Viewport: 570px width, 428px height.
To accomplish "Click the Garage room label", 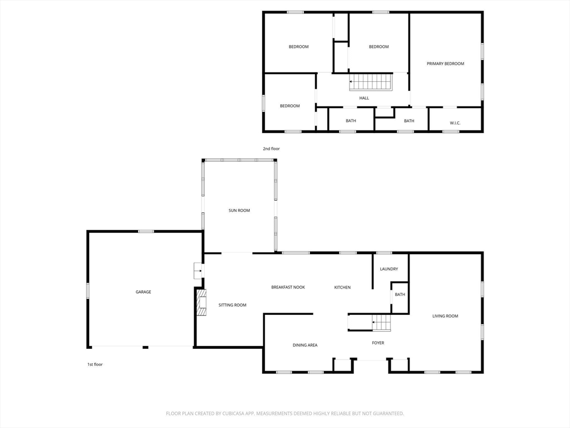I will [x=143, y=291].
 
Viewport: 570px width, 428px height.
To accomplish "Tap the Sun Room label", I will [x=239, y=210].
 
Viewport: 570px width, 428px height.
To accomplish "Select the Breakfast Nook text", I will [x=288, y=287].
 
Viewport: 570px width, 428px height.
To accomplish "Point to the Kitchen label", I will [x=342, y=287].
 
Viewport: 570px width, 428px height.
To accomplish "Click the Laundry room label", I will [x=389, y=269].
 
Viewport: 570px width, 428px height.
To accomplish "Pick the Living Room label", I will [x=445, y=316].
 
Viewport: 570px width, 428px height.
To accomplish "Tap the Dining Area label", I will [x=305, y=345].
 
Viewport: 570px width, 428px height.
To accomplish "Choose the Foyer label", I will [x=378, y=343].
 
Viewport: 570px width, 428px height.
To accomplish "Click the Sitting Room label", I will [x=232, y=305].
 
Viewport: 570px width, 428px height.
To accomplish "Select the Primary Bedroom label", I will [x=445, y=64].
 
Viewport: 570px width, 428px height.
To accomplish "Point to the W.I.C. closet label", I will [x=455, y=123].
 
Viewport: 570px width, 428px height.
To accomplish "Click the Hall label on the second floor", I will [x=364, y=98].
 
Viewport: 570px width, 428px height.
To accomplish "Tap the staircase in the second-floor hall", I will [x=371, y=82].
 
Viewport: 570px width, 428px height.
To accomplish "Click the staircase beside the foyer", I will [x=381, y=323].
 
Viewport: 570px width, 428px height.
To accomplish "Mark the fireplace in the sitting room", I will [x=201, y=303].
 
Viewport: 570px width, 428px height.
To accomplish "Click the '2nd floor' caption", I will [x=272, y=149].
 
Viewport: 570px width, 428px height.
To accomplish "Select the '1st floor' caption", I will [x=95, y=364].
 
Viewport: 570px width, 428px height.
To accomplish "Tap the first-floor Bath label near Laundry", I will [x=400, y=294].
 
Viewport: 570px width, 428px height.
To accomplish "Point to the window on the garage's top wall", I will [x=146, y=231].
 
